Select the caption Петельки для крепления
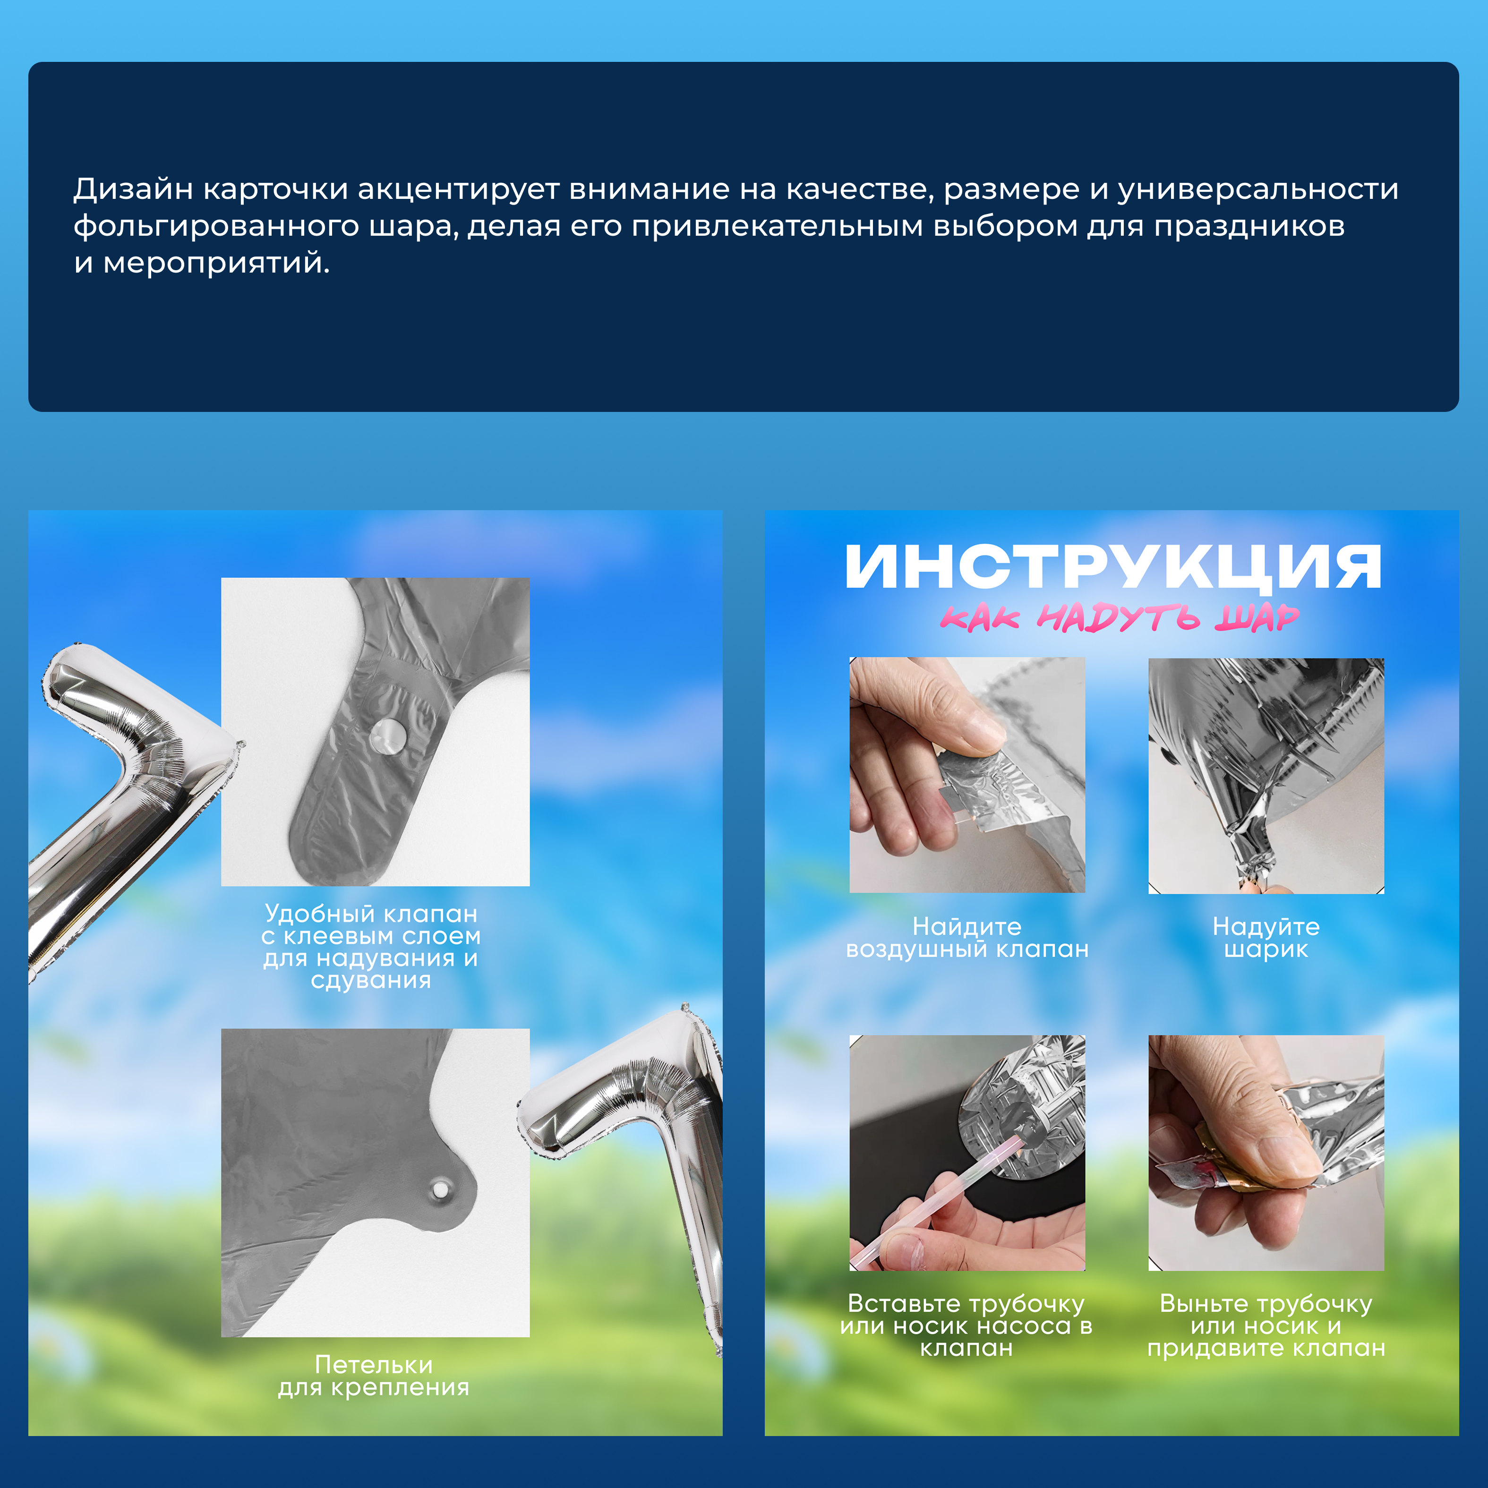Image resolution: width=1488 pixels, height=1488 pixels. point(374,1376)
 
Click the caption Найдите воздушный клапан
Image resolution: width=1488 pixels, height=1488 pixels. point(967,937)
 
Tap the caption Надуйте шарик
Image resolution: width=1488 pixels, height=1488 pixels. point(1266,937)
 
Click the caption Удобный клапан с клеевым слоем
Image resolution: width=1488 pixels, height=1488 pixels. point(371,947)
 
